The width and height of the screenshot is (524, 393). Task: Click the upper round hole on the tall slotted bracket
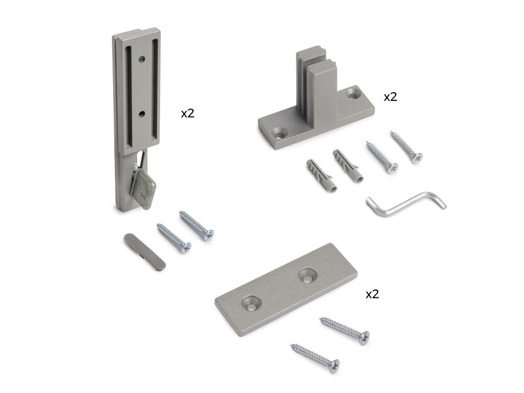[x=142, y=60]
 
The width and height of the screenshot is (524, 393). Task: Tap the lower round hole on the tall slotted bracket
[x=142, y=114]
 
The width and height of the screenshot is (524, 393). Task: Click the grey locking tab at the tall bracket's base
[x=144, y=187]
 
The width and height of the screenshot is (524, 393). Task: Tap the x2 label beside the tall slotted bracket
[x=187, y=114]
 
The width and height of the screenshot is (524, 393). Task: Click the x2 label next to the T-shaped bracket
[x=390, y=97]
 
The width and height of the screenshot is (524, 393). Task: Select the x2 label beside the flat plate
[x=373, y=294]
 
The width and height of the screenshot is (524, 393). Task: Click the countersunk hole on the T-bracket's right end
[x=354, y=95]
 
